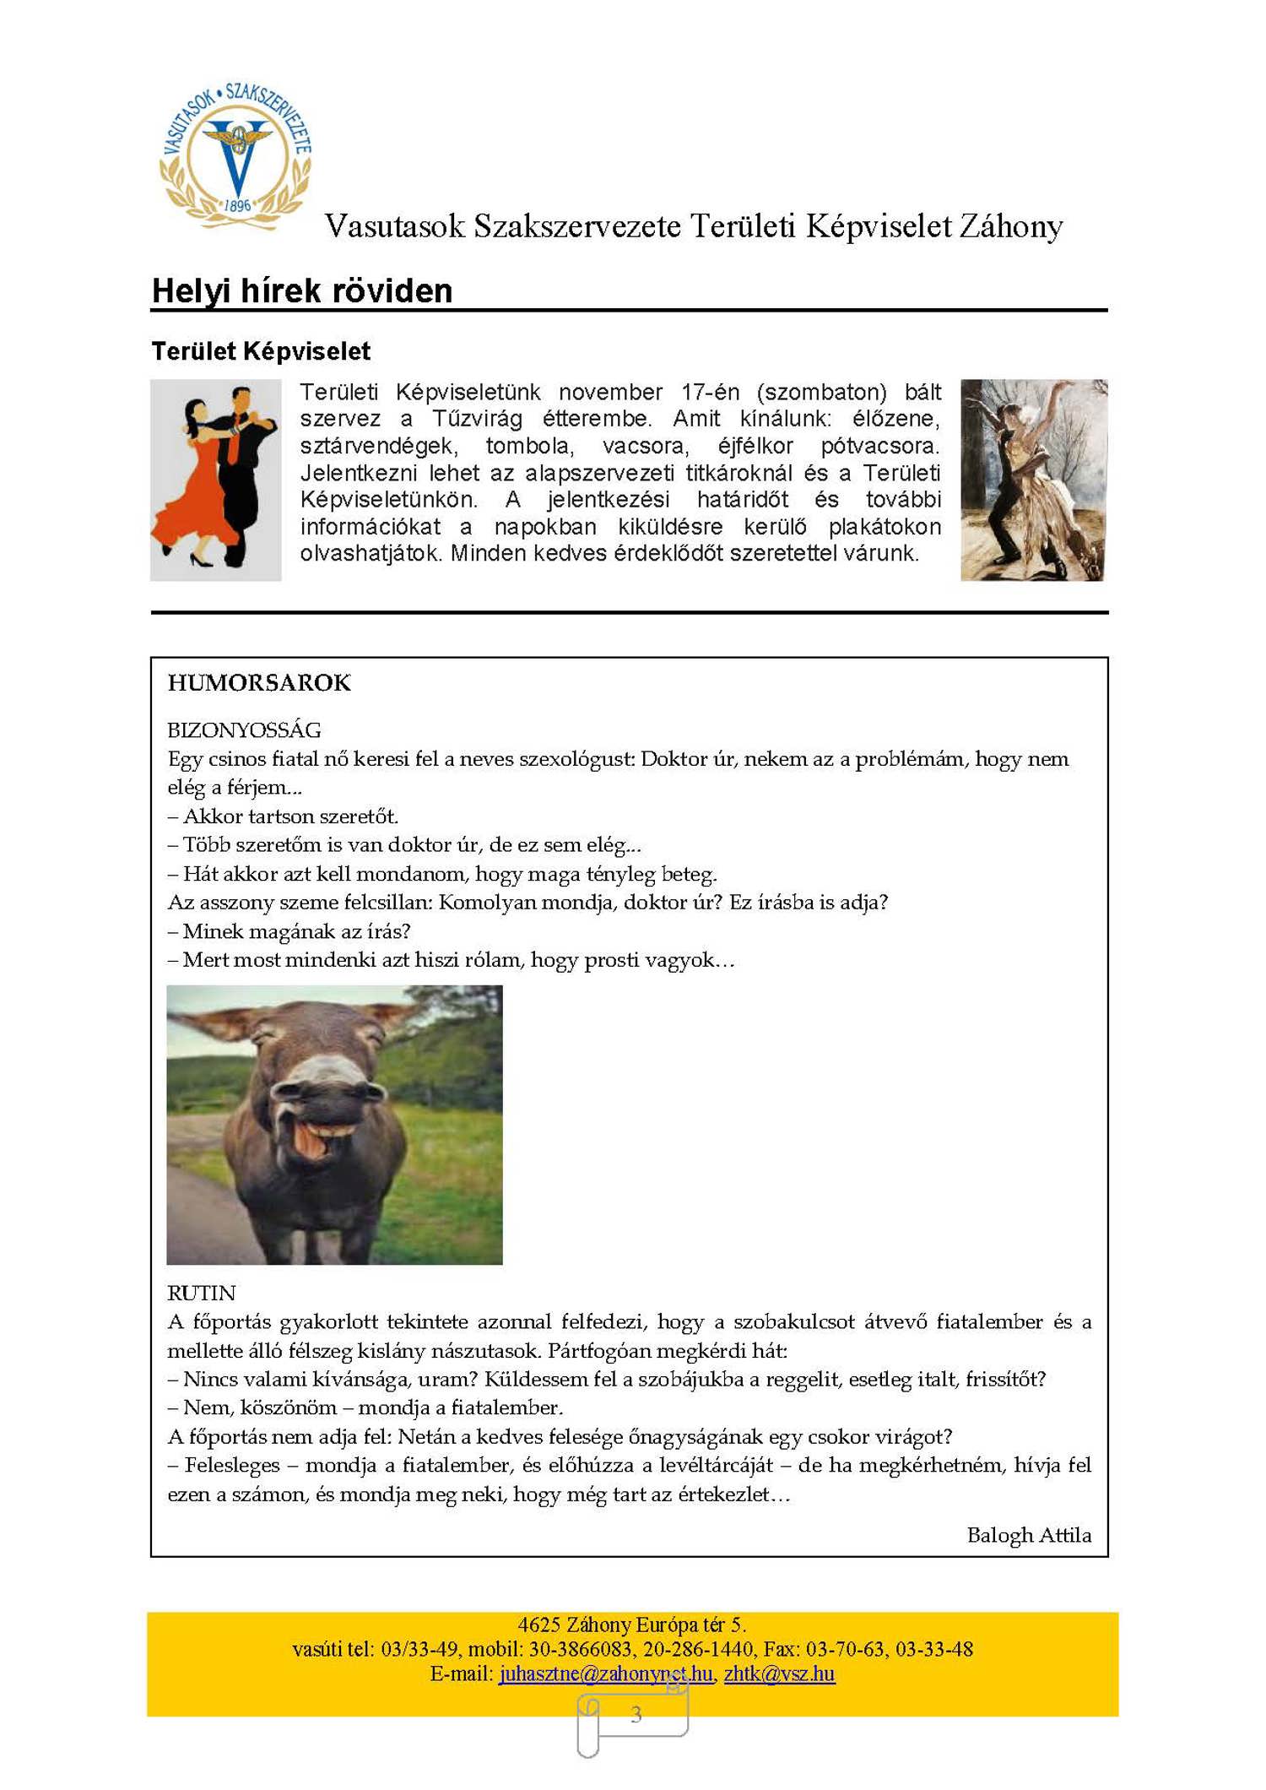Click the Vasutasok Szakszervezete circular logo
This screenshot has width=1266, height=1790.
point(236,156)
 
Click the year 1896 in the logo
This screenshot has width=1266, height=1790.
point(238,205)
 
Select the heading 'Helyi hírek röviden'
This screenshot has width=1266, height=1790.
point(302,291)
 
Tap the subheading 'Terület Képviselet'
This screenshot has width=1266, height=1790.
point(261,351)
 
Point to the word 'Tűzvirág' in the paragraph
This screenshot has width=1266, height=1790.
point(478,419)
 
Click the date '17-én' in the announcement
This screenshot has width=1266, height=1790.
point(710,393)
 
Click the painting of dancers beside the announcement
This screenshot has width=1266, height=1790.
point(1033,480)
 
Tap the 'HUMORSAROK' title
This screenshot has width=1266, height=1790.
point(259,683)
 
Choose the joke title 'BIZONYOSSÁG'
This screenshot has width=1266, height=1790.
point(244,730)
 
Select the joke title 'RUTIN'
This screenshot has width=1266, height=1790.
point(201,1293)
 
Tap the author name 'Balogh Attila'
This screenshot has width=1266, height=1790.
point(1028,1535)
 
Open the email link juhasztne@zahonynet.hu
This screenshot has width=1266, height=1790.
point(605,1673)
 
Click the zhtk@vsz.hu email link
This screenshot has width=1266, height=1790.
point(779,1673)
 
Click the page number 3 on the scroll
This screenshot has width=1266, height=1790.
point(636,1714)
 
